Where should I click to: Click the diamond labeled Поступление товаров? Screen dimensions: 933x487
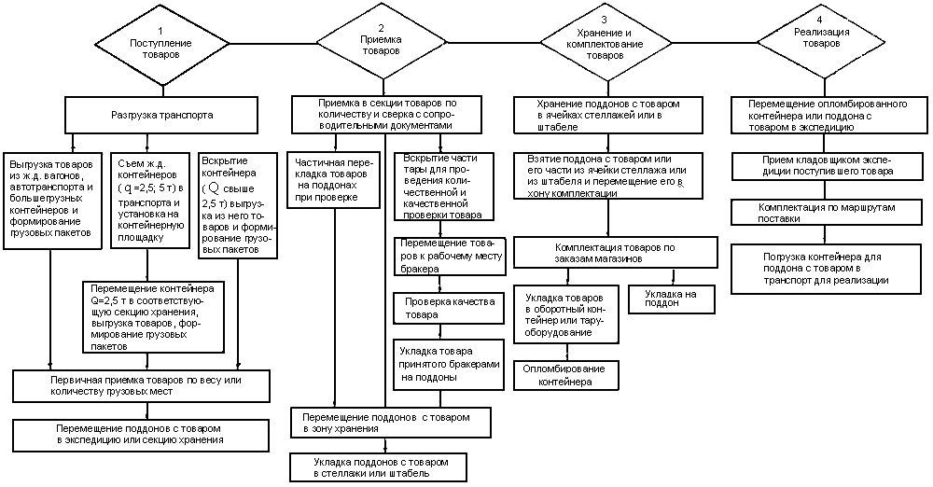(162, 45)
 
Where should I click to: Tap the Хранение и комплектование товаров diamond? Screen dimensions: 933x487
(606, 44)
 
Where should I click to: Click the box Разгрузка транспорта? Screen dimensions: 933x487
(161, 115)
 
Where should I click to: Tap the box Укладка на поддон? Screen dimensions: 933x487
(671, 299)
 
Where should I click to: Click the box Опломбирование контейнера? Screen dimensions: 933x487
(566, 374)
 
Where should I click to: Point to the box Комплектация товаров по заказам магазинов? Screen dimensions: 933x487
(616, 253)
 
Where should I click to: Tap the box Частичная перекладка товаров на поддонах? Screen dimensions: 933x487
(334, 180)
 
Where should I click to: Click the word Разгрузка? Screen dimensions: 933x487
(135, 115)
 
